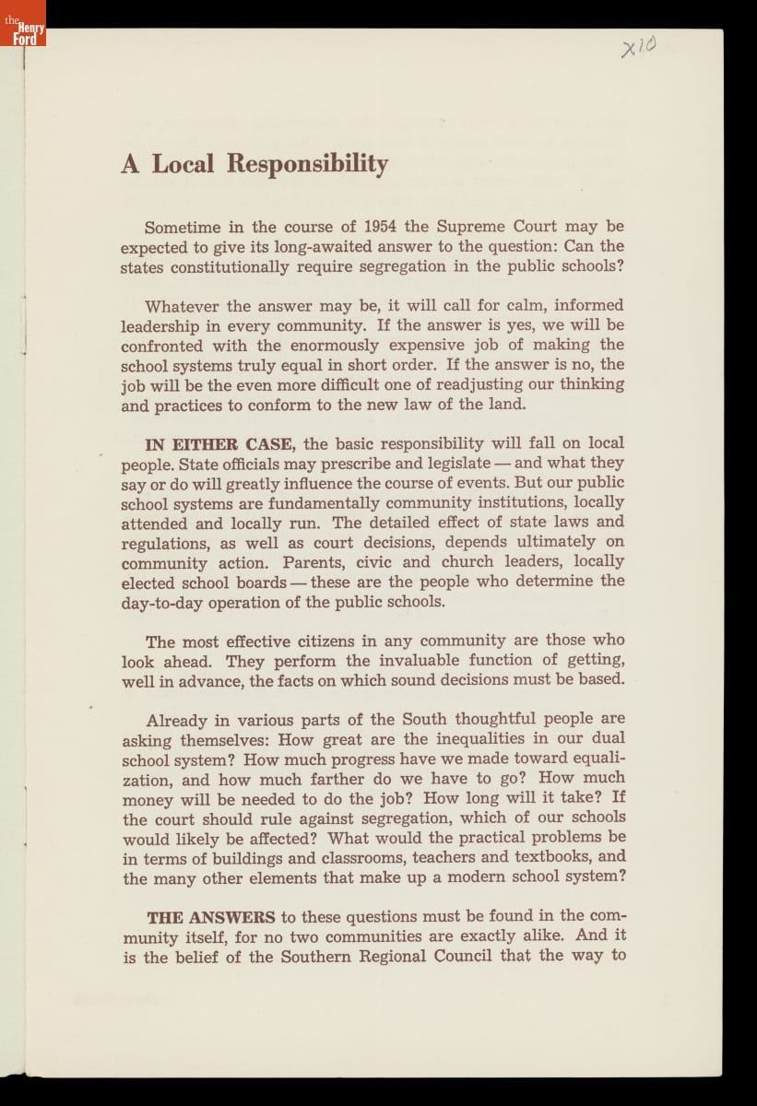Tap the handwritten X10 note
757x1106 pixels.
[638, 46]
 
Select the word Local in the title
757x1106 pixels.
[183, 164]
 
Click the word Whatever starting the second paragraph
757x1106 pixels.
[182, 305]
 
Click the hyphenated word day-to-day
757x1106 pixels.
[165, 602]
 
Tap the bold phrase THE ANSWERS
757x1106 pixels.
[210, 916]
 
